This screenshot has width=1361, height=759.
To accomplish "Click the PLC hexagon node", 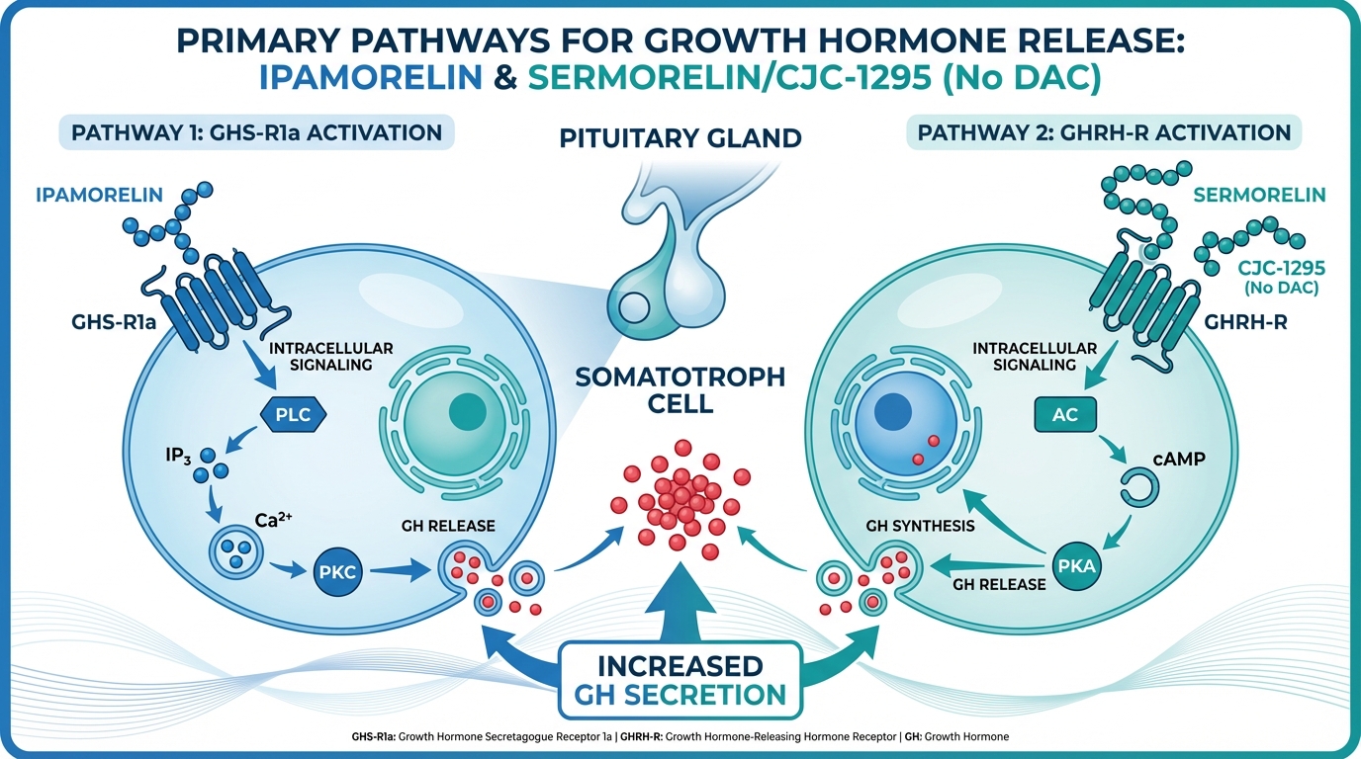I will pyautogui.click(x=293, y=415).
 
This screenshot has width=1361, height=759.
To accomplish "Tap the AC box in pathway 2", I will pyautogui.click(x=1065, y=415).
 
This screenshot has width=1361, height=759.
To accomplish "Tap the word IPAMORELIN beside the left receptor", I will pyautogui.click(x=99, y=194).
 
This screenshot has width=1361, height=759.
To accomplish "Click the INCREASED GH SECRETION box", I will pyautogui.click(x=681, y=678).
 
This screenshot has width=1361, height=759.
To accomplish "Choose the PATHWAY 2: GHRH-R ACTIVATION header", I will pyautogui.click(x=1105, y=132).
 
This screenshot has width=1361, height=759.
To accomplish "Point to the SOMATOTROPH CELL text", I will pyautogui.click(x=680, y=390).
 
